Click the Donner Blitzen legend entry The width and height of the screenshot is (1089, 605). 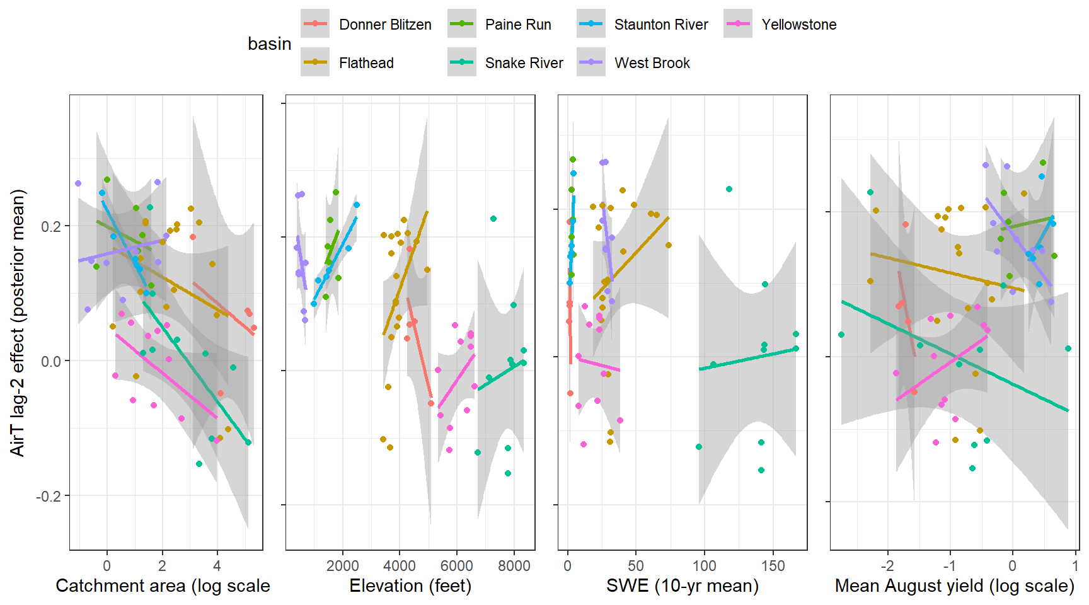point(384,25)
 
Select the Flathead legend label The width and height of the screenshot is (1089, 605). point(366,63)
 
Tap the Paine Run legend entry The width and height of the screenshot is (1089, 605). point(517,25)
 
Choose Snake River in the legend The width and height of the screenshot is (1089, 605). point(524,63)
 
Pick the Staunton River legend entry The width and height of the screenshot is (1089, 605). point(660,25)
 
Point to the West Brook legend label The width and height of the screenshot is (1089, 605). point(652,63)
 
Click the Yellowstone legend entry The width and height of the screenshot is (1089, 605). point(798,25)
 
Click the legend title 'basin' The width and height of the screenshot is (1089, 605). point(269,44)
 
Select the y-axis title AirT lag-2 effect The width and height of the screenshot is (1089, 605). point(18,323)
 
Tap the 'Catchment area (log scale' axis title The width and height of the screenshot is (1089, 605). point(163,586)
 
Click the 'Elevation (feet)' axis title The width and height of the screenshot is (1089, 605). point(410,586)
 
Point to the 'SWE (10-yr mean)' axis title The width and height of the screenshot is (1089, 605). point(682,586)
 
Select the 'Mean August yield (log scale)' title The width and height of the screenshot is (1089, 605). point(954,586)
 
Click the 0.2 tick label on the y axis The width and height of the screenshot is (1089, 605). point(50,226)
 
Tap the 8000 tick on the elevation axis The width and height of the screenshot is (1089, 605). point(514,566)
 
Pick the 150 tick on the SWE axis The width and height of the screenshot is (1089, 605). point(773,566)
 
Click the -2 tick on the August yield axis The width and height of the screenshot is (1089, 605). point(887,566)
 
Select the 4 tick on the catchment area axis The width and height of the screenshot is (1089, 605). point(217,566)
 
